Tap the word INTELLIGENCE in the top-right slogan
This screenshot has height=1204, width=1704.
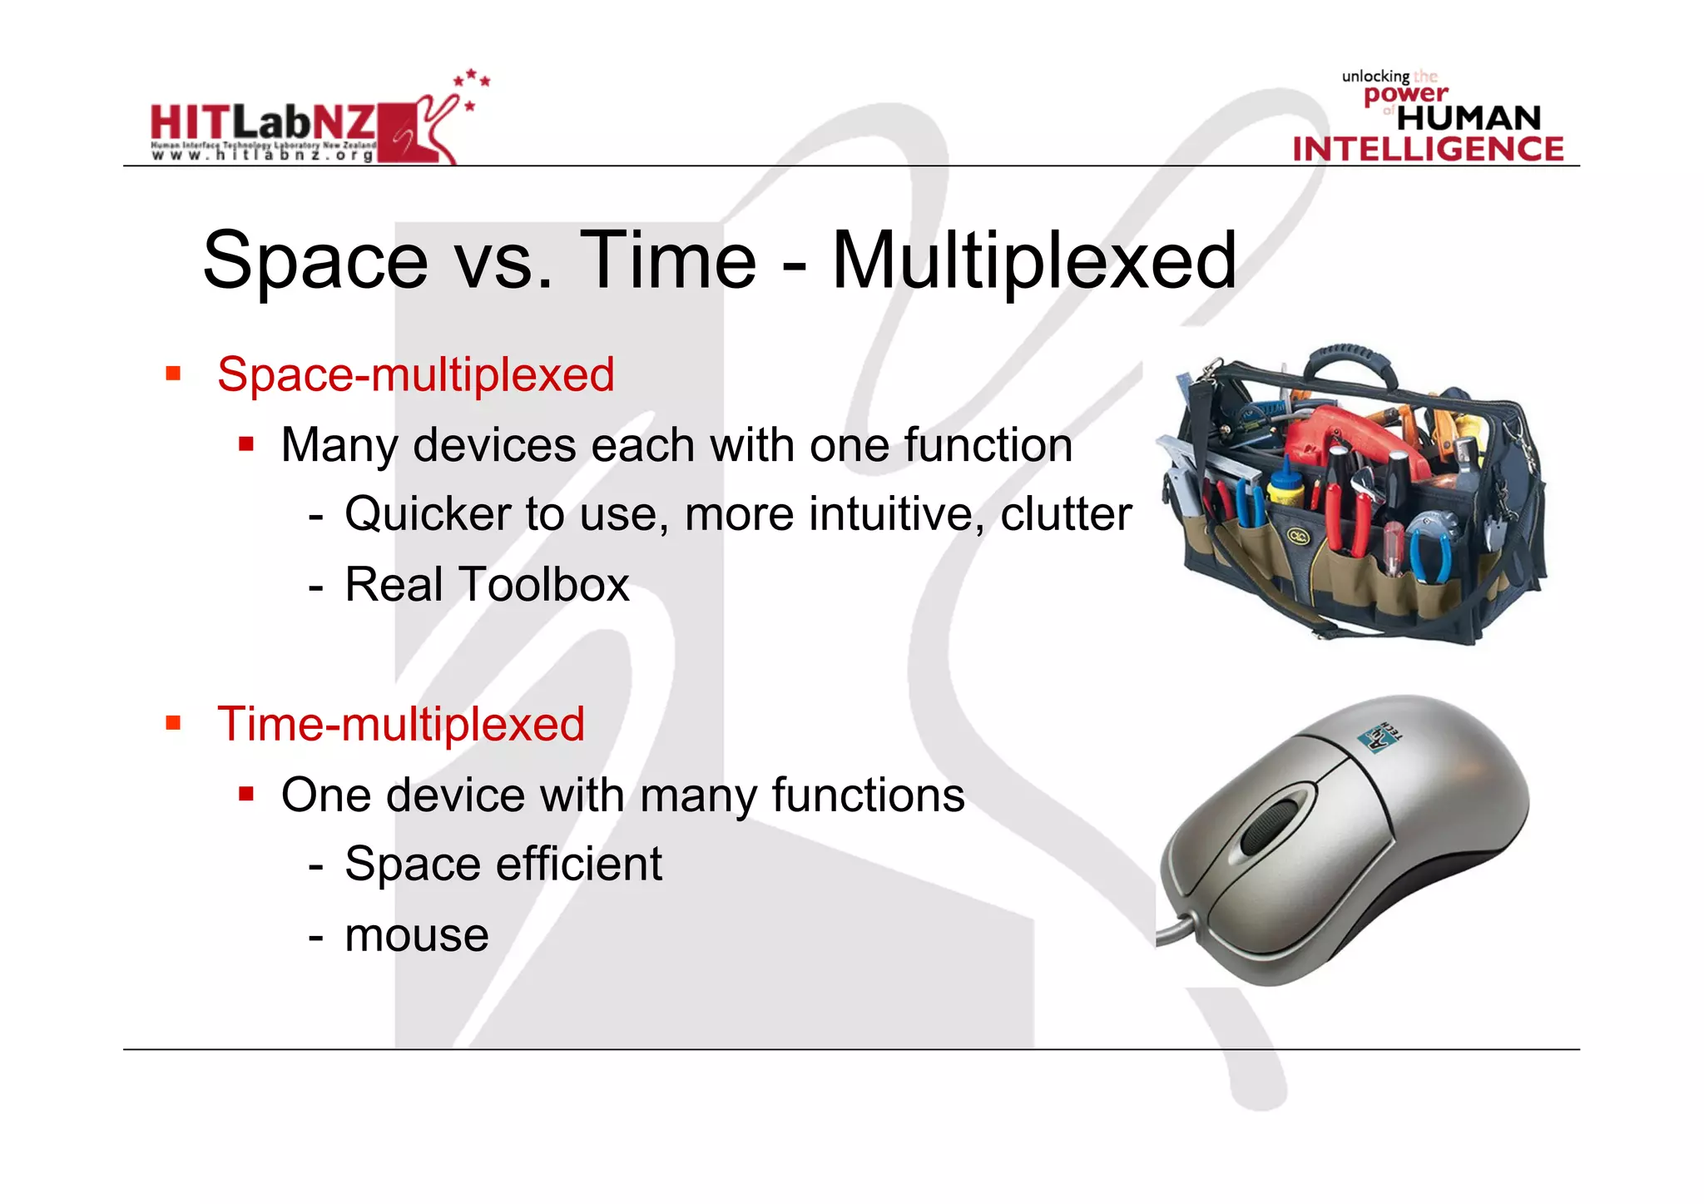point(1428,150)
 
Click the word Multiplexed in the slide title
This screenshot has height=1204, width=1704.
point(1033,261)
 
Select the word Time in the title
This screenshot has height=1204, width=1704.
point(667,261)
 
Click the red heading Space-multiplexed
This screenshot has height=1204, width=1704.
point(415,374)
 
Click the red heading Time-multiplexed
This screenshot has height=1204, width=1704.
point(400,724)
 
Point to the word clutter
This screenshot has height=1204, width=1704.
point(1065,514)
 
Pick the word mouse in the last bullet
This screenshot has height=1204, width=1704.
point(416,935)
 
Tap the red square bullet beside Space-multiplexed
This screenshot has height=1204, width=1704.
point(173,373)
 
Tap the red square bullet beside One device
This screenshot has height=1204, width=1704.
point(245,794)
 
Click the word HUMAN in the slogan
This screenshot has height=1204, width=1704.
point(1469,118)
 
